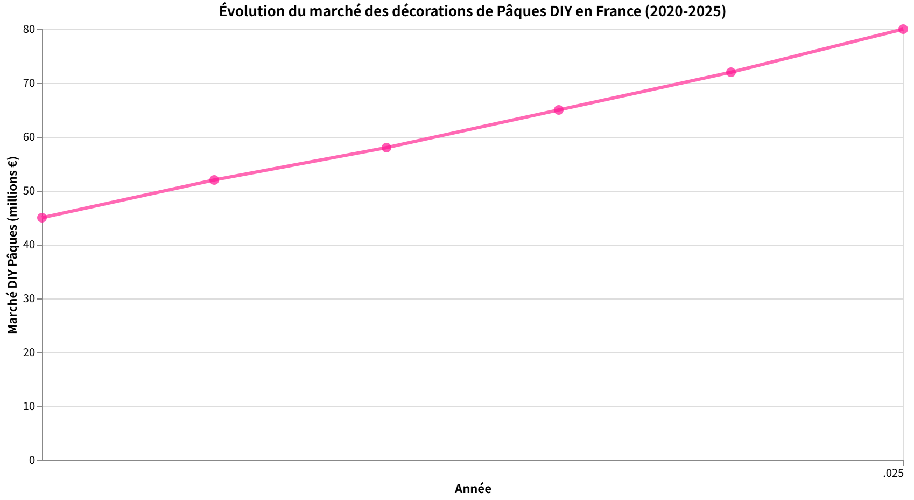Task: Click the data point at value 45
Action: [42, 218]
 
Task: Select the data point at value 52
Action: [214, 180]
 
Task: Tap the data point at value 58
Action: [386, 148]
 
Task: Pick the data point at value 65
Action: [559, 110]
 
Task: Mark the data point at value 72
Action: [731, 72]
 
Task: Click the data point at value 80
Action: [903, 29]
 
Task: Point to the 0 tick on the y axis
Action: [32, 460]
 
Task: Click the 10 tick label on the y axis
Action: [29, 406]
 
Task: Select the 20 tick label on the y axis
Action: [29, 352]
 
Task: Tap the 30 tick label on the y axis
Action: [29, 298]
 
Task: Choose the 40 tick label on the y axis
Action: [29, 245]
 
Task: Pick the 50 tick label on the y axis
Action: [29, 191]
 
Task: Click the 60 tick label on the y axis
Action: [29, 137]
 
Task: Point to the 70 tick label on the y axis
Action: [29, 83]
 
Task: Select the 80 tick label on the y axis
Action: [29, 29]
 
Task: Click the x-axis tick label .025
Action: [893, 473]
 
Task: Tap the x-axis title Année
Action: [473, 489]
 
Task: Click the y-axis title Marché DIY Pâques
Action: [12, 245]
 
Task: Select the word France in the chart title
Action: [618, 11]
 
